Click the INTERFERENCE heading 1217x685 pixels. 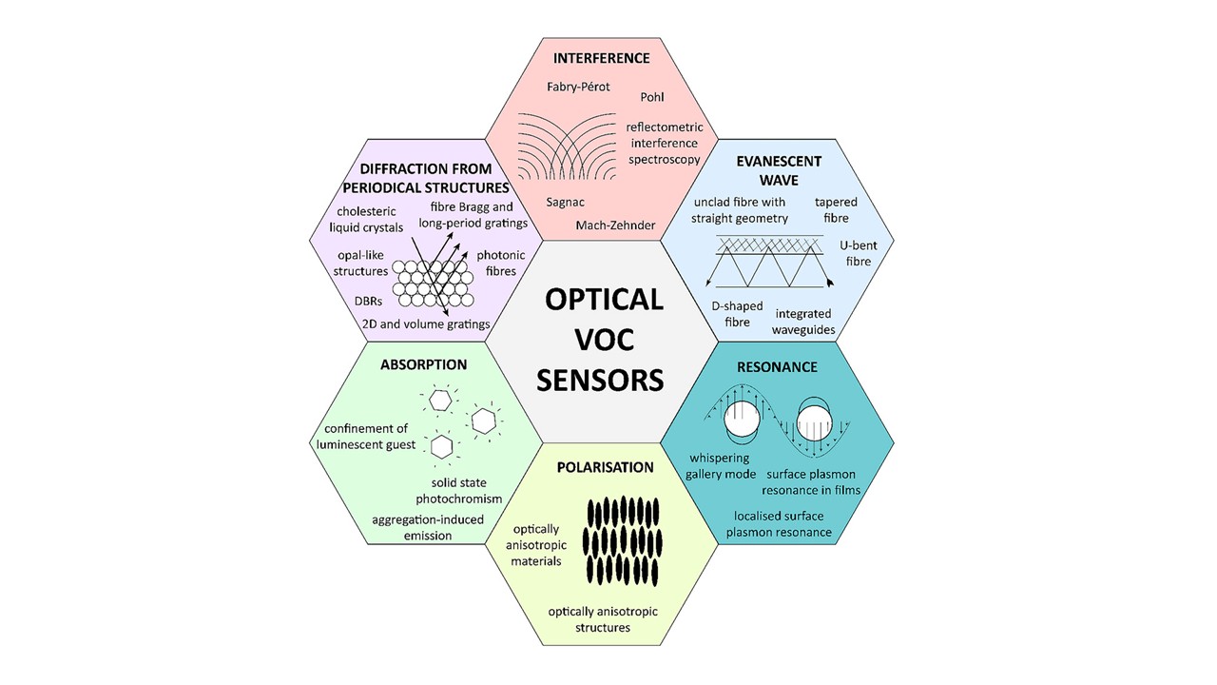(602, 58)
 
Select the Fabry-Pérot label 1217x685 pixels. (578, 87)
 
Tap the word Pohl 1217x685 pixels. (652, 97)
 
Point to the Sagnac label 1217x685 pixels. (566, 203)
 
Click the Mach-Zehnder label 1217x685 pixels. (615, 225)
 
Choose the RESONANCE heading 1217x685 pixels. (777, 367)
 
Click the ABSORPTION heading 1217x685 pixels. (424, 364)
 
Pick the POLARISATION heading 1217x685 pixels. (606, 467)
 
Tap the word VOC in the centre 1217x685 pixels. (604, 340)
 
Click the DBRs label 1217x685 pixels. (368, 302)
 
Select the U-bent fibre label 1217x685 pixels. (859, 253)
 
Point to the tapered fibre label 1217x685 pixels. (836, 210)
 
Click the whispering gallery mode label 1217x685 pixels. (721, 466)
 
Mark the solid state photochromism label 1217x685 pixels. (459, 491)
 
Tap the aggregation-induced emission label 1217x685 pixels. (428, 527)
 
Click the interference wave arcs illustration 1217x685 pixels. (567, 147)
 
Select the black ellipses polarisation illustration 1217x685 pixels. (622, 541)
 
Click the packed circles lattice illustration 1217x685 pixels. (434, 284)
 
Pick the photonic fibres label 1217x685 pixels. (501, 264)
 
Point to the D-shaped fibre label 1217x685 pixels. (737, 314)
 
